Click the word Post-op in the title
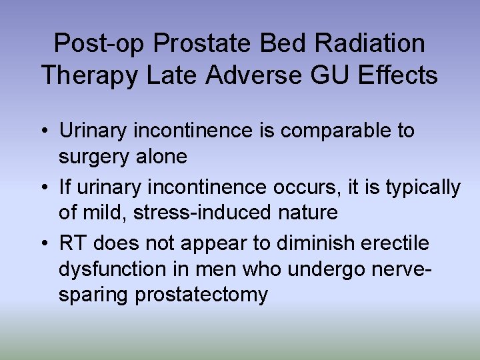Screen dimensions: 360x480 tap(99, 44)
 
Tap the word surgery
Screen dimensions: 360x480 tap(97, 157)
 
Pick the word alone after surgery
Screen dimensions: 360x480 tap(163, 157)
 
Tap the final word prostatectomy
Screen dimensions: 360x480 tap(201, 295)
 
